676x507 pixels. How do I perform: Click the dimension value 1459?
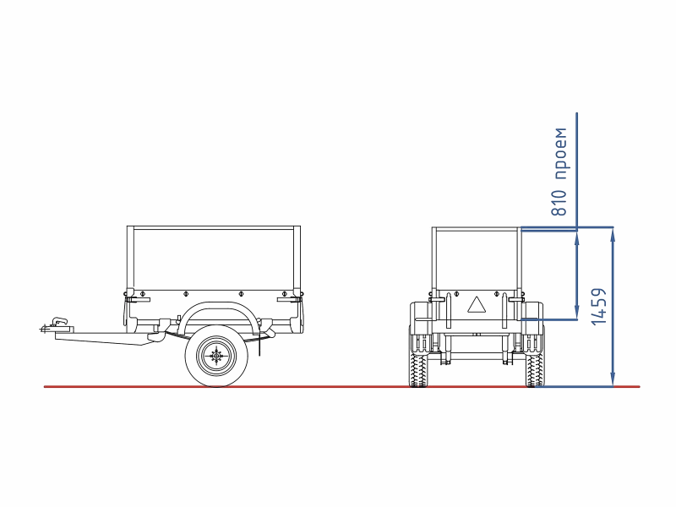[x=599, y=307]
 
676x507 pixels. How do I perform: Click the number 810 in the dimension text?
[x=559, y=202]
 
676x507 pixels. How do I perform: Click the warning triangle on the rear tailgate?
[x=477, y=304]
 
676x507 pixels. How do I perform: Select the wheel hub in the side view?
[x=216, y=356]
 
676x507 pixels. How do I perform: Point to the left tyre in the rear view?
[x=417, y=369]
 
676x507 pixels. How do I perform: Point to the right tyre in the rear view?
[x=535, y=369]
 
